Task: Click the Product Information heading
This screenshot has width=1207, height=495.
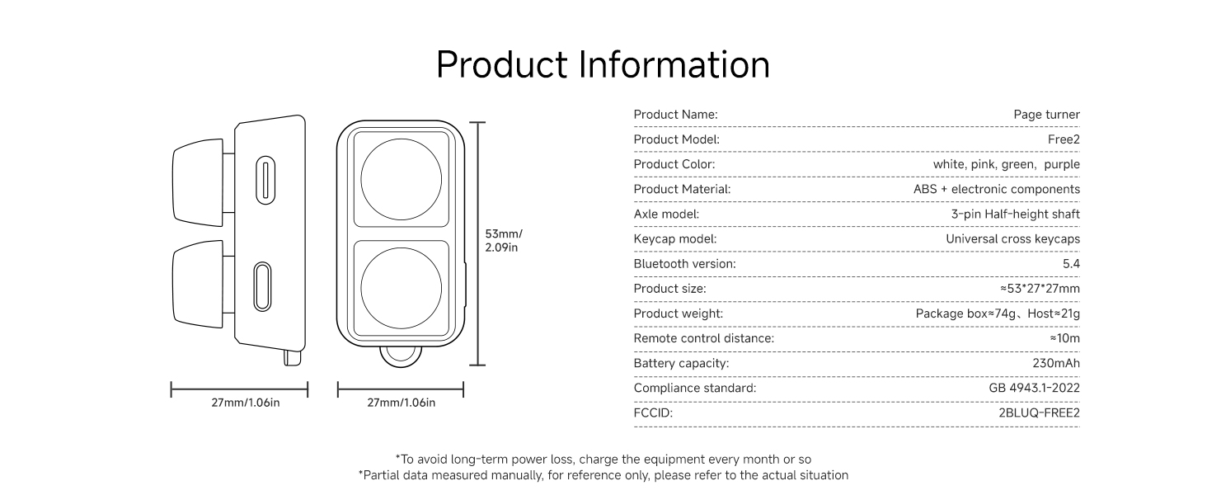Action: (603, 64)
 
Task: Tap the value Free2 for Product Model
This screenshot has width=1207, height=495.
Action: (1064, 139)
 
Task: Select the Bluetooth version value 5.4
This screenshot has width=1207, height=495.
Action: (1071, 264)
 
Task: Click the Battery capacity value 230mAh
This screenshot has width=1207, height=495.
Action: (1056, 364)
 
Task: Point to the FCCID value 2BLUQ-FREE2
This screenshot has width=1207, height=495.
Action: (1039, 413)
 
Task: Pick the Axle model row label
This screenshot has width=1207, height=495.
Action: (666, 214)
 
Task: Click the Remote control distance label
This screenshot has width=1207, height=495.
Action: (704, 338)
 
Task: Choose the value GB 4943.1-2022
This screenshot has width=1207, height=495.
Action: (1034, 389)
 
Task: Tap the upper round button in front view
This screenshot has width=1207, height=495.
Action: (401, 180)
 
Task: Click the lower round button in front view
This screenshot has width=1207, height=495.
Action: (401, 288)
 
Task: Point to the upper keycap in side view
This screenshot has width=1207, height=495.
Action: (198, 183)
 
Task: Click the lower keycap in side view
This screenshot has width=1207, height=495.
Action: (198, 284)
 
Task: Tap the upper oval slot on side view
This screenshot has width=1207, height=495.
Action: (265, 180)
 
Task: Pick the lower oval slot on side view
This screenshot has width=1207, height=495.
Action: (262, 286)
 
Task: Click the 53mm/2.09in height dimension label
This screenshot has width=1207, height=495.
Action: (503, 241)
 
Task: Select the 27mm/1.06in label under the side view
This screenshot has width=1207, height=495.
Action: (245, 403)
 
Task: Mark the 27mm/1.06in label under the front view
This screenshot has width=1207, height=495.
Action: (401, 403)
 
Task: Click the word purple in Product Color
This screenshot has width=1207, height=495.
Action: (1062, 165)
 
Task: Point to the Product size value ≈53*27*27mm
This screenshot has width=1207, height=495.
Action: (1040, 289)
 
